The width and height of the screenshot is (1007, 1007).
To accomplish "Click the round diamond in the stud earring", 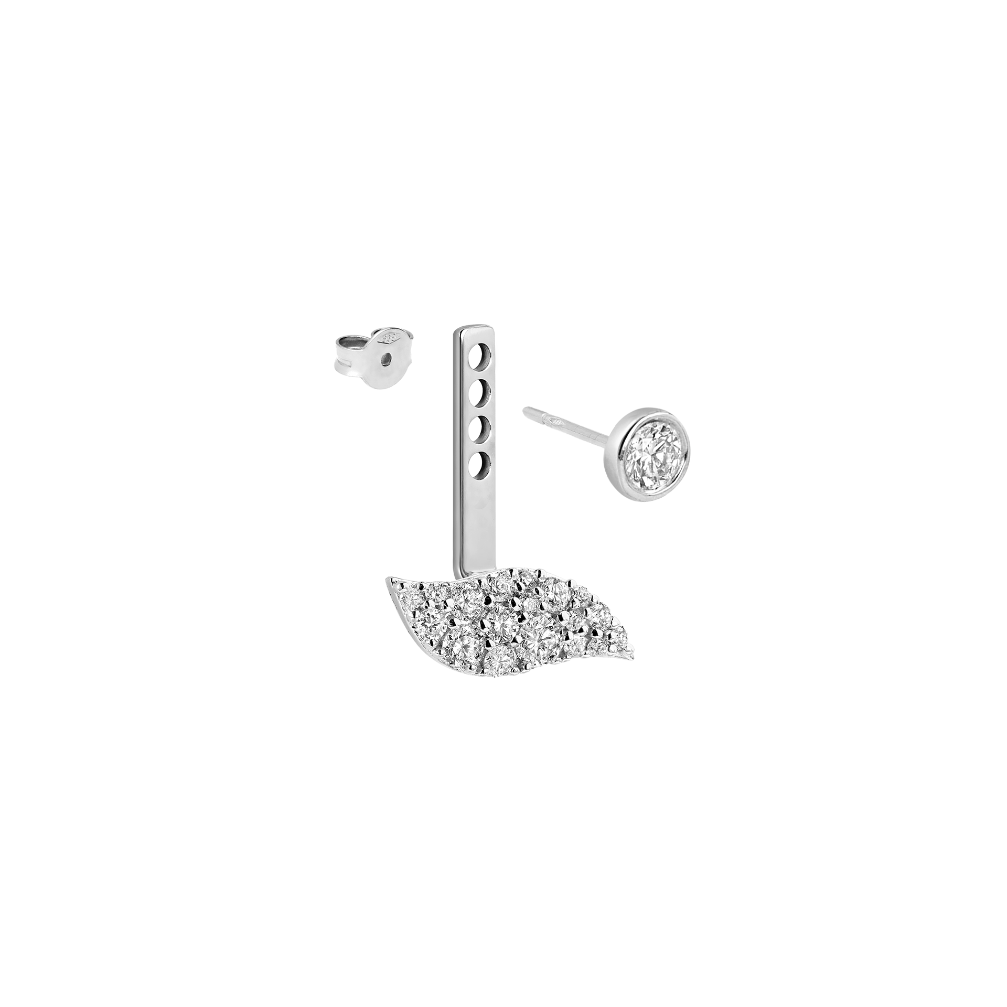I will click(655, 452).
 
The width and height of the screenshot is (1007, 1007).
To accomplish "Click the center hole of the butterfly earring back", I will click(386, 358).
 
